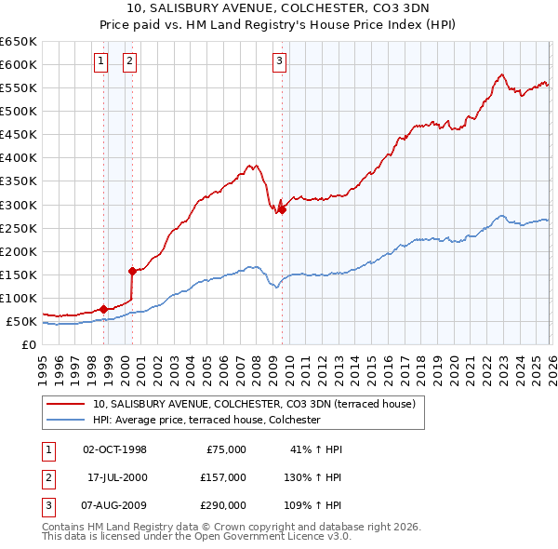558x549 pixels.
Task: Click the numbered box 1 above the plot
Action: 101,62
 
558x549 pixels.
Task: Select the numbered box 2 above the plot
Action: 129,62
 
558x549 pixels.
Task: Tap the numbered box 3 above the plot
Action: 280,62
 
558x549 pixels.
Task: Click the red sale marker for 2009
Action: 282,209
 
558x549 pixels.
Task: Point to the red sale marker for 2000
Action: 132,271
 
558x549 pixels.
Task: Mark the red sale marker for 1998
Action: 103,309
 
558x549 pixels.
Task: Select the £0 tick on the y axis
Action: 29,345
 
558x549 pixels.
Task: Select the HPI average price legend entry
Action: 206,420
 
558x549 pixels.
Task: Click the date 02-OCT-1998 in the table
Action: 115,449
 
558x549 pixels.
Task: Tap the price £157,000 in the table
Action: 222,476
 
